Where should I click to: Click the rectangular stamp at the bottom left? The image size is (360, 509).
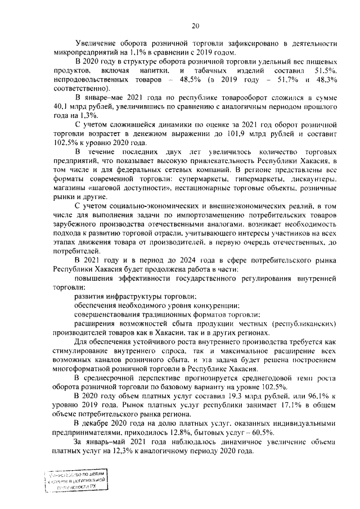coord(76,481)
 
